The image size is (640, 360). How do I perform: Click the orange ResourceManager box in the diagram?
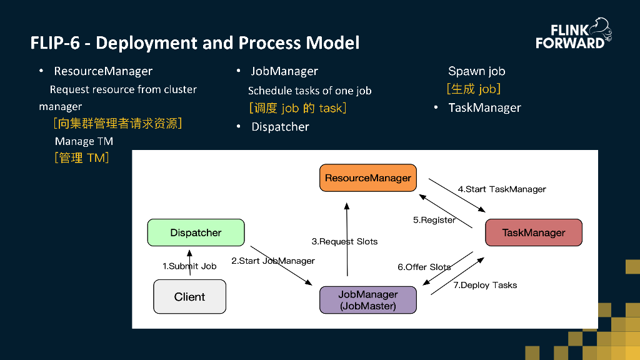(x=367, y=178)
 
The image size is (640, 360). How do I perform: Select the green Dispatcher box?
(x=196, y=232)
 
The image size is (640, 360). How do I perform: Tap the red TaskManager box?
(x=533, y=232)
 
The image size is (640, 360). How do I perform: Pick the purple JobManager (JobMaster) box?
(x=367, y=300)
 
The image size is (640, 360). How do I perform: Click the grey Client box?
(x=189, y=297)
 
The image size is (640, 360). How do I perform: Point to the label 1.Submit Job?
(x=189, y=266)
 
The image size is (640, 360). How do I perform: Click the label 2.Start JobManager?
(x=272, y=261)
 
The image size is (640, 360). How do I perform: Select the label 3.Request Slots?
(x=344, y=241)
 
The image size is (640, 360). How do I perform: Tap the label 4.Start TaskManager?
(x=501, y=189)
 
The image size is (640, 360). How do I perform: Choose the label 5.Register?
(x=434, y=220)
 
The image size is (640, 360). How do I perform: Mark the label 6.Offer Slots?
(x=424, y=267)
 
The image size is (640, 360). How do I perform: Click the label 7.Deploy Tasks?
(x=485, y=285)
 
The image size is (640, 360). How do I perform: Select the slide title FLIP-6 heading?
(x=195, y=43)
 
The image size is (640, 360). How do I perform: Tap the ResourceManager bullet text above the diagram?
(x=103, y=71)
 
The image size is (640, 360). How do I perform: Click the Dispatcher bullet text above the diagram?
(x=280, y=127)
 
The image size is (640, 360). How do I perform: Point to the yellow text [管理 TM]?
(x=82, y=158)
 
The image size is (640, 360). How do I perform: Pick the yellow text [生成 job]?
(x=473, y=89)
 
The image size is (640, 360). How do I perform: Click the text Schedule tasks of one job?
(x=309, y=91)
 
